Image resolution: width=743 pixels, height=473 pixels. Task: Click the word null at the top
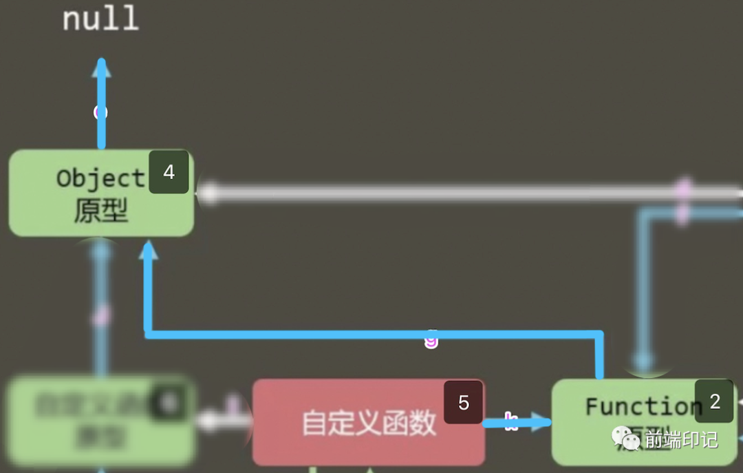(x=100, y=19)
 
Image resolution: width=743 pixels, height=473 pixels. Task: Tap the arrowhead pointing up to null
(x=101, y=67)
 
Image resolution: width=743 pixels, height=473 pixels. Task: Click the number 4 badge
(x=169, y=172)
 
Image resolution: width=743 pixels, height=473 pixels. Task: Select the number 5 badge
(x=464, y=403)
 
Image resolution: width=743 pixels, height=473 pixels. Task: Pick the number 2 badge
(x=714, y=401)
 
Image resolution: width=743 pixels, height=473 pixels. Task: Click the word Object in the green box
(x=100, y=178)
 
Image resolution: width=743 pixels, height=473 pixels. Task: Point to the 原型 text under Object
(x=100, y=211)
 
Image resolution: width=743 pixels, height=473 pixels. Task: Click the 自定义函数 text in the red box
(x=369, y=423)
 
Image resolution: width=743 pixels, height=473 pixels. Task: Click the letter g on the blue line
(x=431, y=339)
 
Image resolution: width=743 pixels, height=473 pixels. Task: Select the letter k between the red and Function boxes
(x=510, y=421)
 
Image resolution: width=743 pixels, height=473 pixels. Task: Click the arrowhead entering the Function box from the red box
(x=543, y=422)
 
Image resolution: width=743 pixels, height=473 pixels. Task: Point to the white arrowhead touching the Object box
(x=206, y=193)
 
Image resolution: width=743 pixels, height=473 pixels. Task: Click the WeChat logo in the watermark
(x=626, y=439)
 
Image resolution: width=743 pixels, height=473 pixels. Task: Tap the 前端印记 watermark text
(x=682, y=439)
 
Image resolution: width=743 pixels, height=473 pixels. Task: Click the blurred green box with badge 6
(x=101, y=421)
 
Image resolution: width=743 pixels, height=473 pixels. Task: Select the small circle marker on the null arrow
(x=101, y=112)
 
